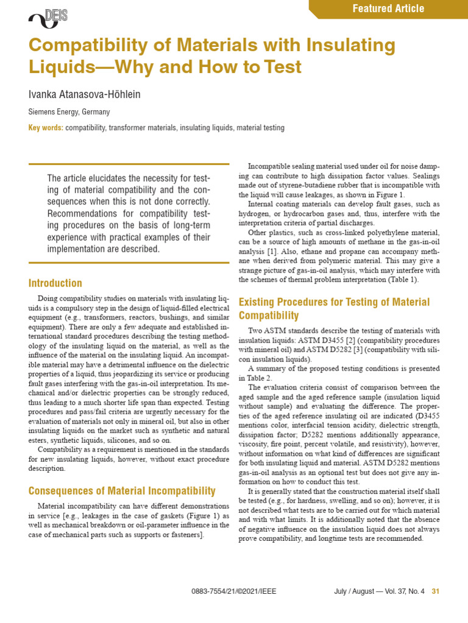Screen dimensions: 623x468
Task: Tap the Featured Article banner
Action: [388, 9]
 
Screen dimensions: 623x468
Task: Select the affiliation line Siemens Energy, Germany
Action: [69, 113]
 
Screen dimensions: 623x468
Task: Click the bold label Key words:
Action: [46, 128]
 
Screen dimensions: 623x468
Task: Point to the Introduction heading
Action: [55, 283]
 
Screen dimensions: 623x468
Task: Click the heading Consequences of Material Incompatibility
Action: [122, 490]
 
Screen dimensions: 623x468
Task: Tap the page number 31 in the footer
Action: [435, 591]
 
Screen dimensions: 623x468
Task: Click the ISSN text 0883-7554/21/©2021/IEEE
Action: [229, 591]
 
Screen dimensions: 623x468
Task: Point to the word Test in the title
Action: [282, 66]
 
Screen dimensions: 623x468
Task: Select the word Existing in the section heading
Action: [258, 302]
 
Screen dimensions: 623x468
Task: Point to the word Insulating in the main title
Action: [345, 46]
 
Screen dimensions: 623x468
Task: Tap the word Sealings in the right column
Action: [424, 176]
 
